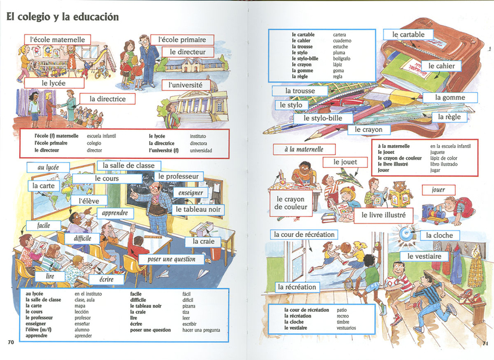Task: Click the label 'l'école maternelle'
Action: [58, 39]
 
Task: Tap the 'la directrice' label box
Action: [108, 99]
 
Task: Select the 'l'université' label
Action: [185, 85]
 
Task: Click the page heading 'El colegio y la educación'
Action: [63, 17]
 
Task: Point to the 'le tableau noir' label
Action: [198, 209]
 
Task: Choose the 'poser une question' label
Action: [171, 260]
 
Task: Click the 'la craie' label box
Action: [203, 242]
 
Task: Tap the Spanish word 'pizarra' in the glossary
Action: [189, 306]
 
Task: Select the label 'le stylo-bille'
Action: [323, 118]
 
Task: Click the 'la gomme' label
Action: [450, 98]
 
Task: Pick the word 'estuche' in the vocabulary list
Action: [341, 46]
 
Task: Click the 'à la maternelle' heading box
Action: [304, 149]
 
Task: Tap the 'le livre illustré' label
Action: [384, 215]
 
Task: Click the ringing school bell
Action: [406, 233]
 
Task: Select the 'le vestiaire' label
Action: [424, 256]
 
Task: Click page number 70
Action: [11, 342]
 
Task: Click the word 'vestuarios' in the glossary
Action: [346, 328]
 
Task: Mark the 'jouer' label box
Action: [439, 190]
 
